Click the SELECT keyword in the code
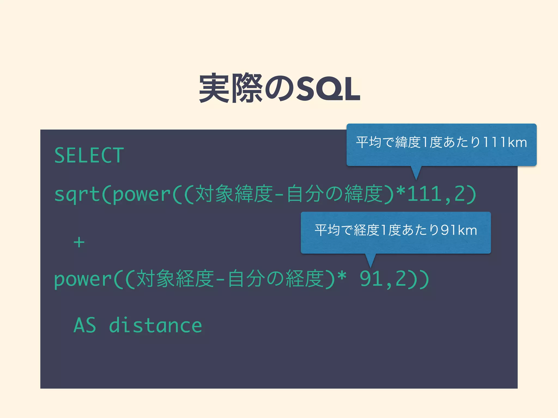pos(89,156)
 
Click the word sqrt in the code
pos(77,195)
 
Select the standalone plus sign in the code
pos(79,242)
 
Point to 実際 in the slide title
pos(231,88)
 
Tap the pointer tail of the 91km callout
pos(370,260)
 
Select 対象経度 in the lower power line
pos(175,279)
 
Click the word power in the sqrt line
pos(142,195)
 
